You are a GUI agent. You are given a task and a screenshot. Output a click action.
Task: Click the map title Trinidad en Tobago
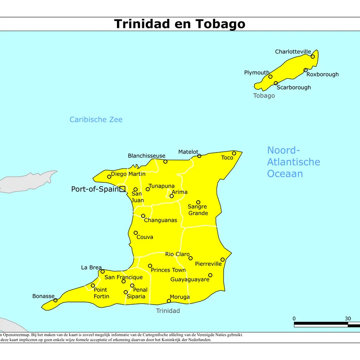click(180, 24)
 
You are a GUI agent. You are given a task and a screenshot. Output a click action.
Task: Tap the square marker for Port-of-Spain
click(122, 189)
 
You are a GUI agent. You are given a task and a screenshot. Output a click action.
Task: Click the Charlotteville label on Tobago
click(293, 52)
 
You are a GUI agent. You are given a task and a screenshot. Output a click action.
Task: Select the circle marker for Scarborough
click(276, 83)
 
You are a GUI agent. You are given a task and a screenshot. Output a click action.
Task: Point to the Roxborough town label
click(323, 74)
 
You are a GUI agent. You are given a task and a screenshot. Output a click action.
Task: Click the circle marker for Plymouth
click(270, 76)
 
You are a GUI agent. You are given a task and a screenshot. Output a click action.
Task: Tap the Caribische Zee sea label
click(96, 120)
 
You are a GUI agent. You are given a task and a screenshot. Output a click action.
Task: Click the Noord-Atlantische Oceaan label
click(293, 162)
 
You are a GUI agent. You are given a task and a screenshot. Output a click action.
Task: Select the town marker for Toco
click(234, 153)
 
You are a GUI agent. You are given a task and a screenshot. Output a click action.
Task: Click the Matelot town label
click(188, 152)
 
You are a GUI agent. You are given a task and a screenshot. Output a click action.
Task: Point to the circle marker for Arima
click(171, 196)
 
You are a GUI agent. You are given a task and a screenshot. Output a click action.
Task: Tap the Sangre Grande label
click(198, 210)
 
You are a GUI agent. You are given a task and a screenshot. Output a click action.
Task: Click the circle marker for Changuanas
click(143, 216)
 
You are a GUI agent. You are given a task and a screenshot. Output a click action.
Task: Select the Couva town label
click(145, 237)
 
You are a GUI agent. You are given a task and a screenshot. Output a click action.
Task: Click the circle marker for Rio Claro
click(190, 258)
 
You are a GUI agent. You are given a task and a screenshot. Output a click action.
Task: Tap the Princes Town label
click(168, 270)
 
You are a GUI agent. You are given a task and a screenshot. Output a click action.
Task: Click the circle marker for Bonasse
click(55, 300)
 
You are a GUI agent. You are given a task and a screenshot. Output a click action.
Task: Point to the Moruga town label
click(180, 297)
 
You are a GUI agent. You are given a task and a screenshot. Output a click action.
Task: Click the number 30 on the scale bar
click(348, 319)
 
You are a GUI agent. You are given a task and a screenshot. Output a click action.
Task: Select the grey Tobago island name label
click(264, 96)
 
